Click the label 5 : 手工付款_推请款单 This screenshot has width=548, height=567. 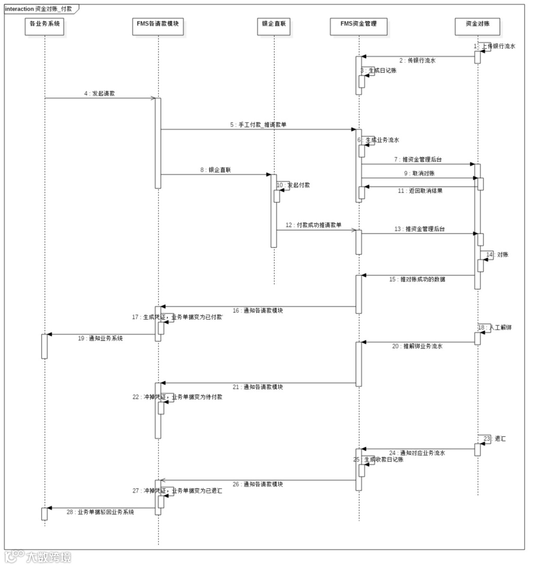258,124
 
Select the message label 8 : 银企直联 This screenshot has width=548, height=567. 216,170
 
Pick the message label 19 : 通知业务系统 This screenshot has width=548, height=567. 100,338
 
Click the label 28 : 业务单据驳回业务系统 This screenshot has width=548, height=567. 100,512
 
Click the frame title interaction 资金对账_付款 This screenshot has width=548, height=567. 39,9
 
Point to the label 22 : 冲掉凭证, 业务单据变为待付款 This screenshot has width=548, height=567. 178,397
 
